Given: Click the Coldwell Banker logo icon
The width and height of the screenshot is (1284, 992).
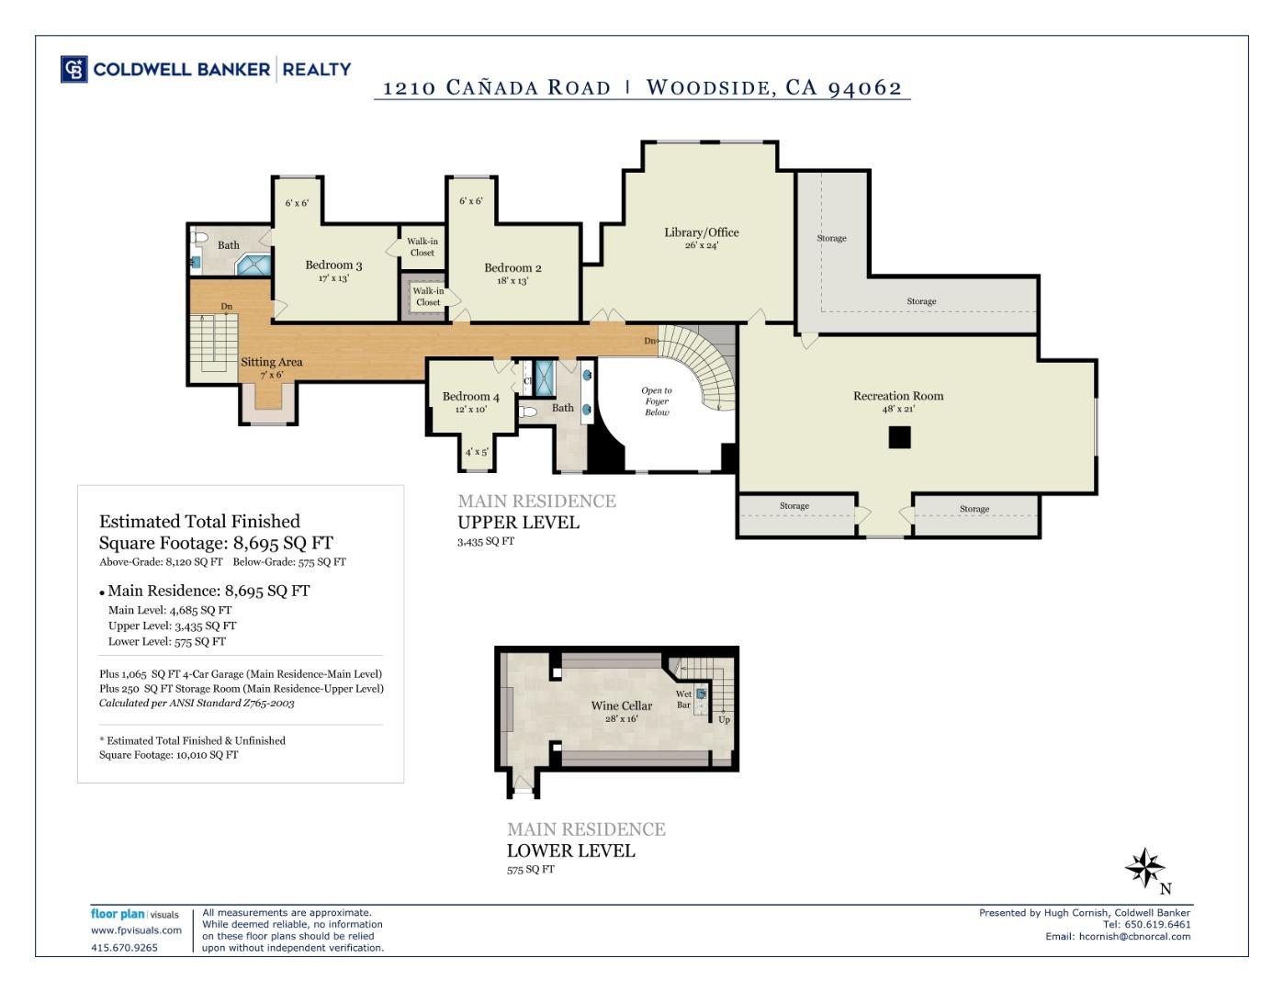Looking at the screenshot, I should (74, 70).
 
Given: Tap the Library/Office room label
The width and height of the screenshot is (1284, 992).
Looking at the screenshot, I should (701, 232).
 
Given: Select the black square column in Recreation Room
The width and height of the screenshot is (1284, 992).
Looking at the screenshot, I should (899, 437).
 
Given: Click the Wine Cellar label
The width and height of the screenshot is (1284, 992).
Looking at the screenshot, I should (622, 706).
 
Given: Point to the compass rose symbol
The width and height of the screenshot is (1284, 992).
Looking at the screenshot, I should (1144, 867).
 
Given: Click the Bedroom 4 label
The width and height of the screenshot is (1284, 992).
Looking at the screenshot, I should (470, 397).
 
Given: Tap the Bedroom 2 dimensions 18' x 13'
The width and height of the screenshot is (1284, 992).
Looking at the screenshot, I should (512, 281).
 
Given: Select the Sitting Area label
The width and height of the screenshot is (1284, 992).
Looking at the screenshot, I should (271, 362).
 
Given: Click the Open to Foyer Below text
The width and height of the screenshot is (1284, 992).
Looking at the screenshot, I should (656, 401).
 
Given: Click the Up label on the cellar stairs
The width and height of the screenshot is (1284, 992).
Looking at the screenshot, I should (724, 719).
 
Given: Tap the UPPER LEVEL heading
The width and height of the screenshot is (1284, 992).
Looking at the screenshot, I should (518, 523).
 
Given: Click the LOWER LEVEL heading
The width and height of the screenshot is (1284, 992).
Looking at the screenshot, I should (570, 851).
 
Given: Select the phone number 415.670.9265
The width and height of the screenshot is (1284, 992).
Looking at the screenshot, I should (124, 948).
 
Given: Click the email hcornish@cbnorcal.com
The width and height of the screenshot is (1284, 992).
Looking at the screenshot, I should (1134, 937).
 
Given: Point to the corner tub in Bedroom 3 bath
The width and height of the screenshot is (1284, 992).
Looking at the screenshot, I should (253, 265).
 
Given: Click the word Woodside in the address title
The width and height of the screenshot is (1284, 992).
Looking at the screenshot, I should (706, 87).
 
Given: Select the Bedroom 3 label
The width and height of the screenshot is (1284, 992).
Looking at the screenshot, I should (333, 265).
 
